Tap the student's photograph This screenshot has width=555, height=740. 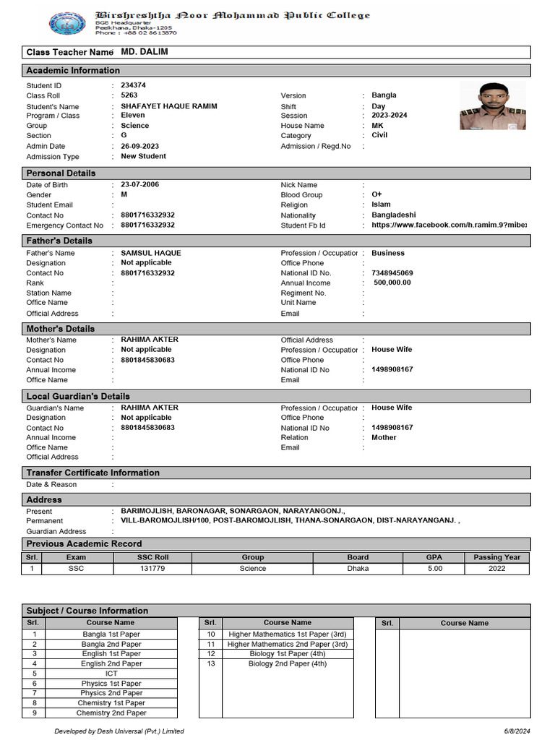[x=493, y=105]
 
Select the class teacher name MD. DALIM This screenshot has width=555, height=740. [x=145, y=52]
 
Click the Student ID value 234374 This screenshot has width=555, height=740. [x=134, y=85]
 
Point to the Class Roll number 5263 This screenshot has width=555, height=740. [x=129, y=95]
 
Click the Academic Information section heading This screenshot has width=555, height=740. [x=73, y=70]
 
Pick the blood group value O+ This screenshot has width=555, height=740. [x=377, y=195]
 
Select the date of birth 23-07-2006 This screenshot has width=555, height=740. [x=140, y=184]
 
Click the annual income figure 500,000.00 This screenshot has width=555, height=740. [x=392, y=283]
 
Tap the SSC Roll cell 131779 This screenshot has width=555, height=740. [x=152, y=569]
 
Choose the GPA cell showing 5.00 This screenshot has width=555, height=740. [x=434, y=569]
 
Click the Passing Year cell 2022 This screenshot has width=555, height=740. [x=496, y=569]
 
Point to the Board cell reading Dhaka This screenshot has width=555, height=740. [x=358, y=569]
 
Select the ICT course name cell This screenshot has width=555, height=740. [x=111, y=674]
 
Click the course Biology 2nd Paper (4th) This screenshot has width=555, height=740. [x=288, y=663]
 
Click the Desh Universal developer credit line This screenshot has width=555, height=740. [x=119, y=731]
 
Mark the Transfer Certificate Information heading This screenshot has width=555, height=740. [x=92, y=473]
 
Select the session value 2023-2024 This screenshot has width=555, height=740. [x=390, y=116]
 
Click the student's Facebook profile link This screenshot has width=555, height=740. [x=449, y=225]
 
